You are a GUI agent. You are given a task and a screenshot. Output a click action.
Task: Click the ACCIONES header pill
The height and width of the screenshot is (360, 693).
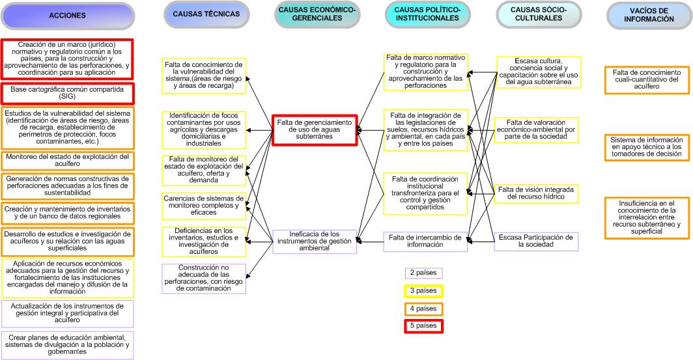tap(67, 16)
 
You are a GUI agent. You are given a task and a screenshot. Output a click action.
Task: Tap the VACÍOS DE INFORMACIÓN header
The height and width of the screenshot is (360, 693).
tap(648, 15)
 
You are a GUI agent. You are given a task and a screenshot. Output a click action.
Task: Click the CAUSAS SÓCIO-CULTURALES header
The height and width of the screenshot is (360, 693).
tap(537, 15)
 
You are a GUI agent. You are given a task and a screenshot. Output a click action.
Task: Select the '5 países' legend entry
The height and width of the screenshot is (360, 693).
tap(423, 325)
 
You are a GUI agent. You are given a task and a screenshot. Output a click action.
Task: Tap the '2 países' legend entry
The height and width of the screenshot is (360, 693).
tap(423, 273)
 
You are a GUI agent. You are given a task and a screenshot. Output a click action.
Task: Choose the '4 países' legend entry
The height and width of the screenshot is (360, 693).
tap(423, 308)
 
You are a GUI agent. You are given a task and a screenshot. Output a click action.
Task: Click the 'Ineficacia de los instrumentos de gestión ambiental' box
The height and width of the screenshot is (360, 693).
tap(315, 242)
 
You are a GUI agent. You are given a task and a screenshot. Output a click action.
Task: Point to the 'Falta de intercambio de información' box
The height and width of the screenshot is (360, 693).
tap(425, 242)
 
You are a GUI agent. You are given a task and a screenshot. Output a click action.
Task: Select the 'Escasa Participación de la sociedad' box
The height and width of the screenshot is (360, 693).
tap(536, 241)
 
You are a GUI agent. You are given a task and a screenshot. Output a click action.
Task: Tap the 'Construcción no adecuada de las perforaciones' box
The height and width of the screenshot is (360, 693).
tap(204, 279)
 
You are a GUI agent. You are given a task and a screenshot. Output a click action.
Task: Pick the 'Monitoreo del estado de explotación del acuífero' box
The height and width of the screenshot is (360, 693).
tap(67, 161)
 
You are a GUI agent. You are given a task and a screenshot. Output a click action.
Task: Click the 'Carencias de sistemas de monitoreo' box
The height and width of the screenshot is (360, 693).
tap(204, 206)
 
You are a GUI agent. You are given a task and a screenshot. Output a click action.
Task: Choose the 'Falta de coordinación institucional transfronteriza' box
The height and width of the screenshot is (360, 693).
tap(425, 193)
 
